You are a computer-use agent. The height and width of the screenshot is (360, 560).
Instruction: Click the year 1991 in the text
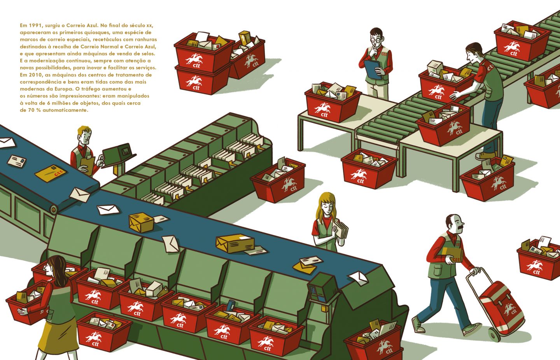35,25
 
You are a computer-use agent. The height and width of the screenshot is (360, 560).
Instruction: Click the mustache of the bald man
460,225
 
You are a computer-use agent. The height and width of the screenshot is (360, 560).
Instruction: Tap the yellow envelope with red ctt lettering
51,173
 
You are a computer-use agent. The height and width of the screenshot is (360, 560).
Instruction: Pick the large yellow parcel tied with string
235,243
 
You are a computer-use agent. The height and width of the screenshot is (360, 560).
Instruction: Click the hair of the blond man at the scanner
84,130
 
